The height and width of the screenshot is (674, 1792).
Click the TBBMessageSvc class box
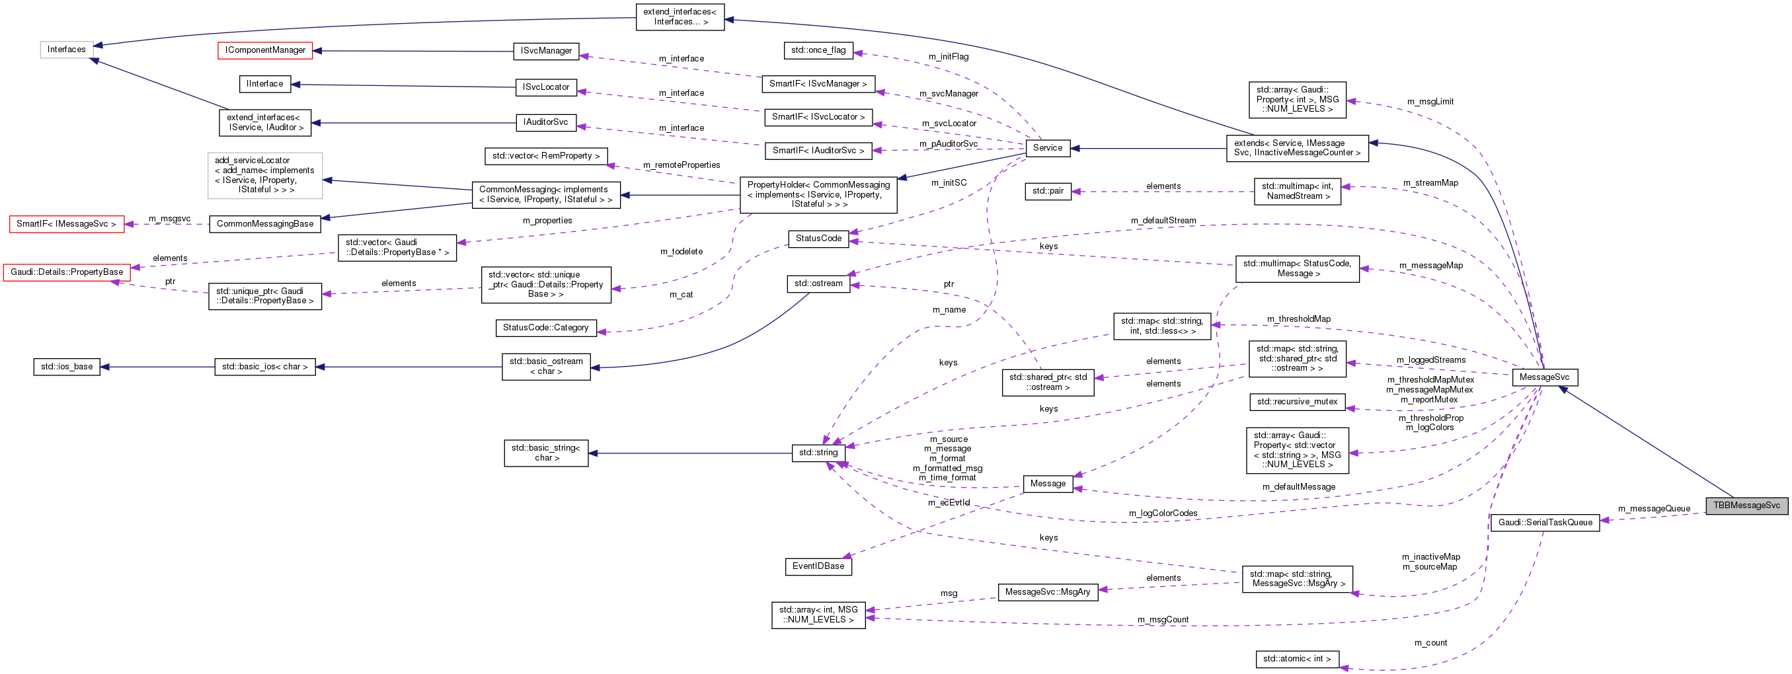pyautogui.click(x=1746, y=505)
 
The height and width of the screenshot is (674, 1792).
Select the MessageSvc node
pyautogui.click(x=1544, y=377)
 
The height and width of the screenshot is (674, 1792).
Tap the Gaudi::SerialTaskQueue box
pyautogui.click(x=1545, y=523)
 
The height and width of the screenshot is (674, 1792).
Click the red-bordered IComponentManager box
pyautogui.click(x=265, y=50)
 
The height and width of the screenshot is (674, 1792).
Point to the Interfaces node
pyautogui.click(x=67, y=50)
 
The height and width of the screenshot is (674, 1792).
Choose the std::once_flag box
pyautogui.click(x=818, y=50)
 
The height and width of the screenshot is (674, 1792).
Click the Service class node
pyautogui.click(x=1047, y=147)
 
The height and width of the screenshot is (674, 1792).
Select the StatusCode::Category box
pyautogui.click(x=545, y=328)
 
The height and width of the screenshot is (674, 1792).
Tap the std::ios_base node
pyautogui.click(x=67, y=367)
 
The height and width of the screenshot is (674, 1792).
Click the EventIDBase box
pyautogui.click(x=818, y=566)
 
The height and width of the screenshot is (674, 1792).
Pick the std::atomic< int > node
pyautogui.click(x=1297, y=659)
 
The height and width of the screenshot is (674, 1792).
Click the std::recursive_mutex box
pyautogui.click(x=1297, y=401)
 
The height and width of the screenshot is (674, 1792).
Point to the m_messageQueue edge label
pyautogui.click(x=1654, y=508)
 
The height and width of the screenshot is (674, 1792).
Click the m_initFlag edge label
pyautogui.click(x=948, y=57)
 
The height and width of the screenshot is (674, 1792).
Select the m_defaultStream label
pyautogui.click(x=1163, y=221)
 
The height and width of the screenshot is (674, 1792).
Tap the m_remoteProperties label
pyautogui.click(x=681, y=165)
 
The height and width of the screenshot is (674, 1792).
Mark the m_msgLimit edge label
pyautogui.click(x=1430, y=102)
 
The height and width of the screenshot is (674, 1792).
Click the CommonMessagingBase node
pyautogui.click(x=265, y=223)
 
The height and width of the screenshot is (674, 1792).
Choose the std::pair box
pyautogui.click(x=1048, y=190)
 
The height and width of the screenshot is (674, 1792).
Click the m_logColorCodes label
pyautogui.click(x=1163, y=513)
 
